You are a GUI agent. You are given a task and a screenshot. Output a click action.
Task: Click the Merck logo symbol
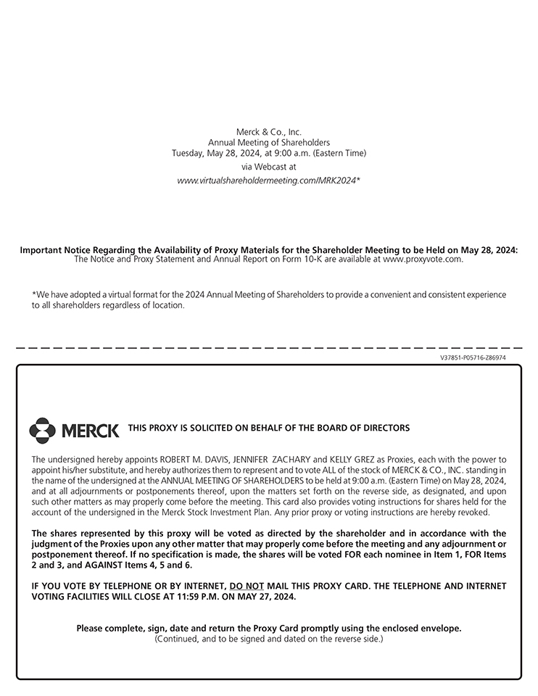pos(42,430)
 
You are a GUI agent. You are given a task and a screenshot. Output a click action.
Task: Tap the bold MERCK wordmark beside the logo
pos(91,431)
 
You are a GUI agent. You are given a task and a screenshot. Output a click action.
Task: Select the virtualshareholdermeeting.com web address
pos(268,180)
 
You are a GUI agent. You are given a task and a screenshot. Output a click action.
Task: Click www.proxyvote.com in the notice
pos(422,259)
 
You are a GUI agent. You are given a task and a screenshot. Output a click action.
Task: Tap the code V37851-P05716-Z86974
pos(473,357)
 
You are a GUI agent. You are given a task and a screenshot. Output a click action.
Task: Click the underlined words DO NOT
pos(247,586)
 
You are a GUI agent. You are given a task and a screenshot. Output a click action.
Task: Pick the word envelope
pos(442,629)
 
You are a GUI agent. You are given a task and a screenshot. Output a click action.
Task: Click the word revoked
pos(490,512)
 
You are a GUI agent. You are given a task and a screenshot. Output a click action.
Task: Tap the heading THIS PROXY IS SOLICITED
pos(268,428)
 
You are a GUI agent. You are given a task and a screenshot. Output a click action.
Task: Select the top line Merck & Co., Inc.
pos(268,132)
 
